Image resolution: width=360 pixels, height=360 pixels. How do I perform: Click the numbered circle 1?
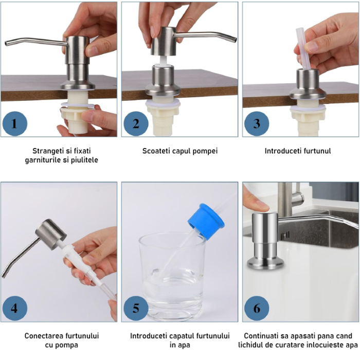14,123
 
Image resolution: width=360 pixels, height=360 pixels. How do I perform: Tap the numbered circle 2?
136,123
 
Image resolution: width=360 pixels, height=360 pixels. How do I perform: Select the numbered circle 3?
257,123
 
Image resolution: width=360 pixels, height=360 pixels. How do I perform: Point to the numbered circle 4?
14,308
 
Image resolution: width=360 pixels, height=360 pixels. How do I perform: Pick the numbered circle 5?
136,308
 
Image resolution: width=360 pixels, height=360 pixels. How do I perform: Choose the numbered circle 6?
257,308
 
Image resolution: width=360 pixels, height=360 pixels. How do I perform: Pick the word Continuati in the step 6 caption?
262,336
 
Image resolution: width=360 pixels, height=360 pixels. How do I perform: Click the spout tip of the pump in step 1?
7,44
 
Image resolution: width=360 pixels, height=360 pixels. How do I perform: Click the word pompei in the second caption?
207,151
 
